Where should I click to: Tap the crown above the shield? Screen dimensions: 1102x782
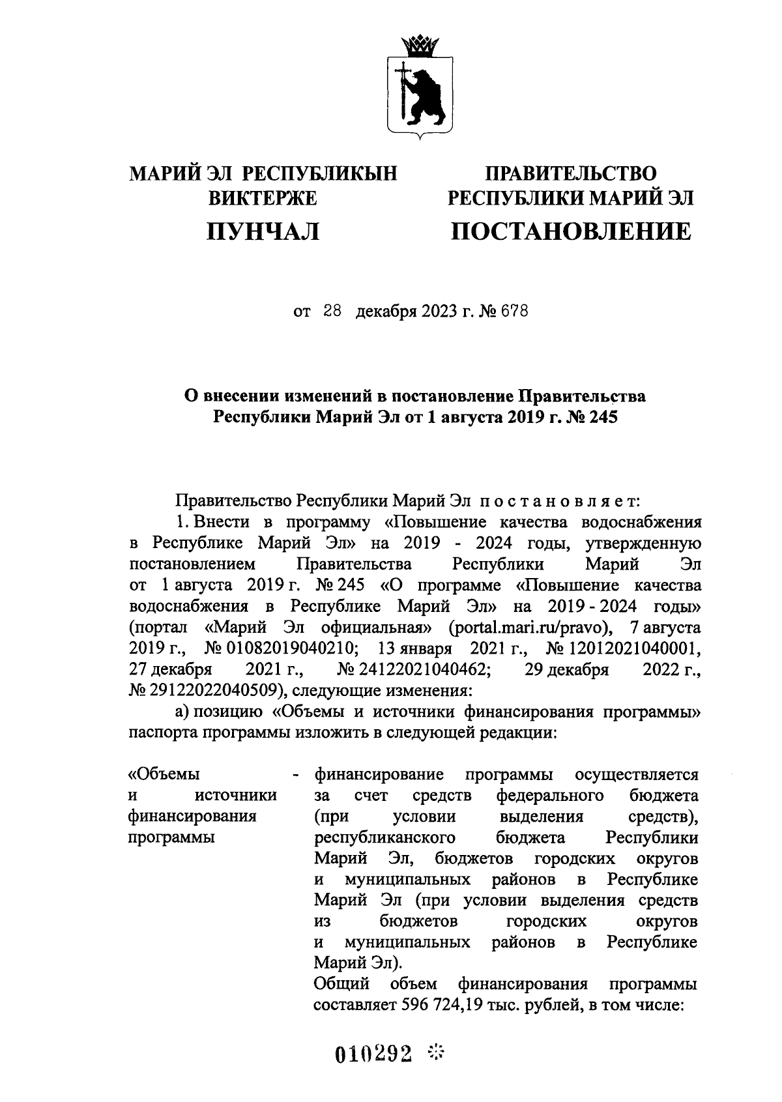click(x=417, y=45)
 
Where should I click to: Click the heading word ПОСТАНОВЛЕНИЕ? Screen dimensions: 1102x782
click(x=572, y=231)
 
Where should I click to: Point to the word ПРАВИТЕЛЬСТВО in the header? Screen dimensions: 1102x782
click(x=571, y=173)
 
